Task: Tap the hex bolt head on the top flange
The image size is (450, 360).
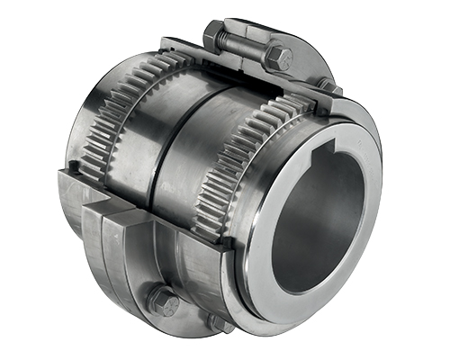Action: pyautogui.click(x=280, y=59)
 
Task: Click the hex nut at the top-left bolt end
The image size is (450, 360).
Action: pyautogui.click(x=214, y=36)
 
